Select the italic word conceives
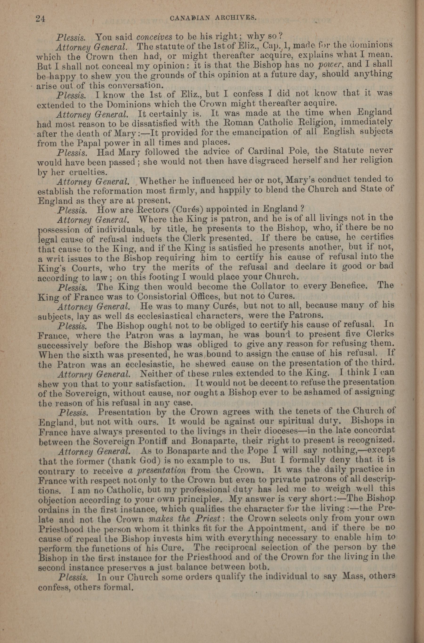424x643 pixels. pyautogui.click(x=154, y=36)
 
